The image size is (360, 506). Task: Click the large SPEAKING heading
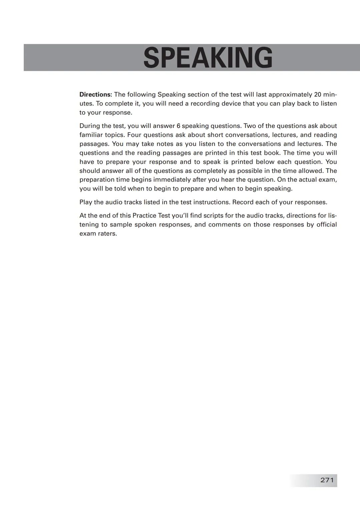208,58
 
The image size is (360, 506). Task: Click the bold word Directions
95,95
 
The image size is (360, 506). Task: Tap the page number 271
327,480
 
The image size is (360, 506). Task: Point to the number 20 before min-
318,95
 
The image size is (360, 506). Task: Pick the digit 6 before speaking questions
178,126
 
